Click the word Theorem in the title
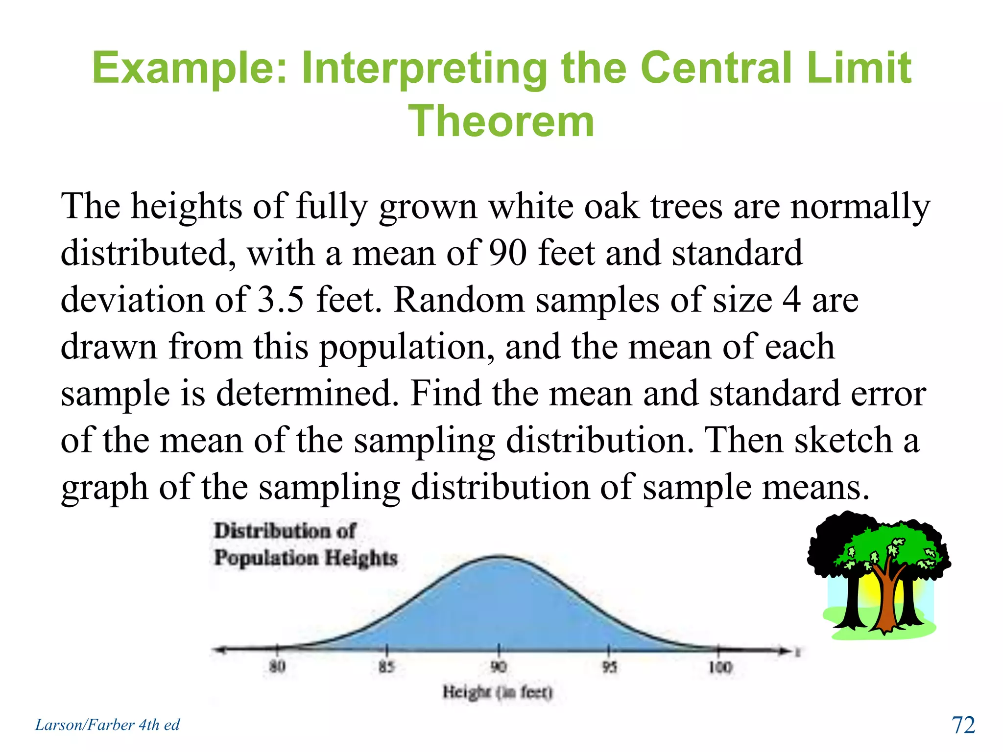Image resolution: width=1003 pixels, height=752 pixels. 501,121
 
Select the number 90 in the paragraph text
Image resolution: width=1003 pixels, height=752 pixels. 508,253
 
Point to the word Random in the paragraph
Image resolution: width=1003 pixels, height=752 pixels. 459,300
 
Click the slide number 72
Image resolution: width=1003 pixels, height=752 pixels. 963,725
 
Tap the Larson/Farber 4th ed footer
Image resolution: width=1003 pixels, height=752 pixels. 107,725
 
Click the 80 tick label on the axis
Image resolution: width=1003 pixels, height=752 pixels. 277,666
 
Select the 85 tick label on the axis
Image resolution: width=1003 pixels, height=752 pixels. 386,666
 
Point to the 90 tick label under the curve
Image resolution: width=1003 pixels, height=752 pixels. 499,666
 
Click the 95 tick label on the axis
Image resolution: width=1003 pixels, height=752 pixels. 609,666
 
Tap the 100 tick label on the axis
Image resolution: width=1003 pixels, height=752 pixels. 720,667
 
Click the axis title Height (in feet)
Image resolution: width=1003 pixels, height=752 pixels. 498,692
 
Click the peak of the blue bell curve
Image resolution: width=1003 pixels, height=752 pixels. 499,557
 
